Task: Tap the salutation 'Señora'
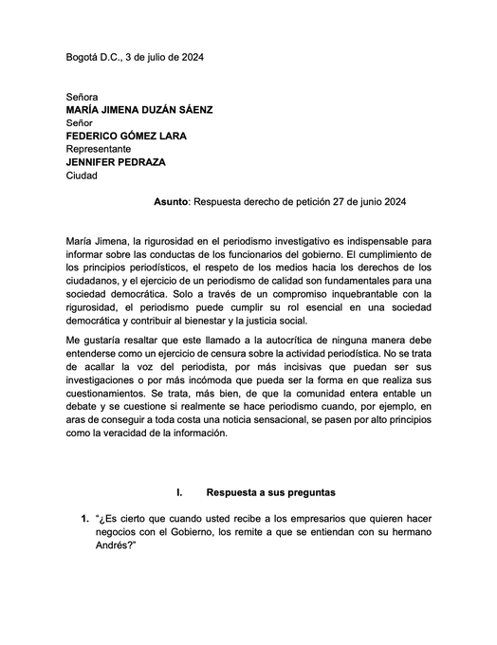click(83, 97)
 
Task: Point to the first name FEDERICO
click(96, 136)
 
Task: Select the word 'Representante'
click(99, 149)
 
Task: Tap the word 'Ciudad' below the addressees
click(83, 175)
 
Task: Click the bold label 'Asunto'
click(172, 202)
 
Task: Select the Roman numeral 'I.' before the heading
click(178, 492)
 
